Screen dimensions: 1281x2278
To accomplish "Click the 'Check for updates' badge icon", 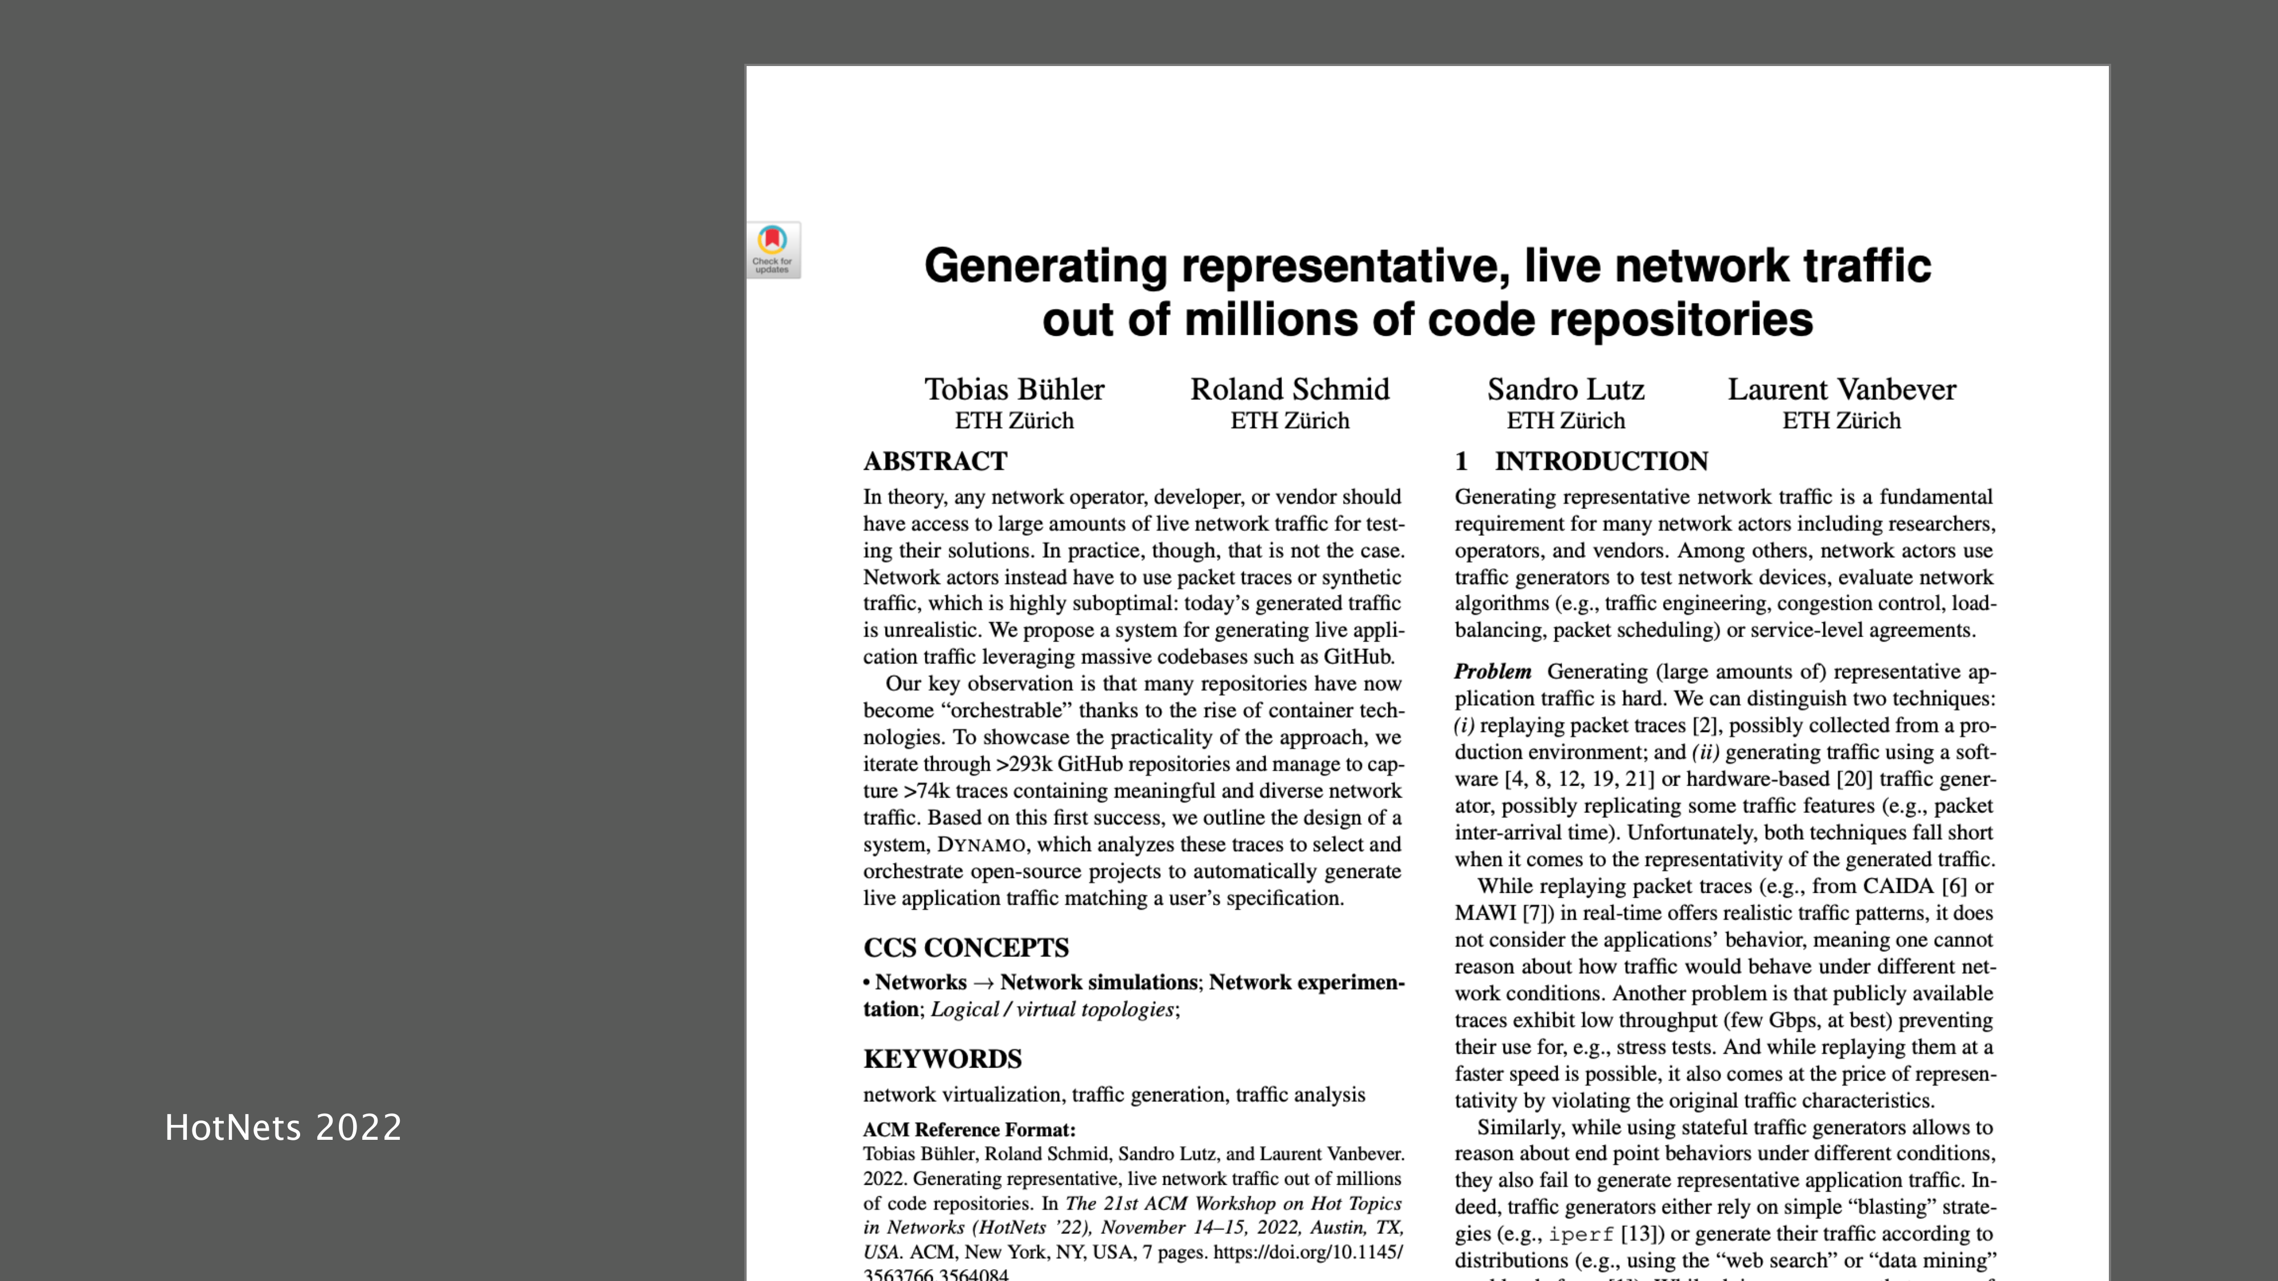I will pyautogui.click(x=773, y=250).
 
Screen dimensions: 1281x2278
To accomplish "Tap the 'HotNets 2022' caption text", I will pyautogui.click(x=283, y=1127).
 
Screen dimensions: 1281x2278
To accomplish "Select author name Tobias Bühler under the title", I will pyautogui.click(x=1014, y=389).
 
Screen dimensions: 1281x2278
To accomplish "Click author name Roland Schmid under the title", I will pyautogui.click(x=1289, y=389).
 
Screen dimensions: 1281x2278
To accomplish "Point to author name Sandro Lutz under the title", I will pyautogui.click(x=1565, y=389).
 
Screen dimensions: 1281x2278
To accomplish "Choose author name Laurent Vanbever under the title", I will pyautogui.click(x=1841, y=389).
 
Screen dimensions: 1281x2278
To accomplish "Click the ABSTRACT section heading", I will pyautogui.click(x=935, y=461).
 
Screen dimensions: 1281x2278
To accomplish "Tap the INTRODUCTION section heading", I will pyautogui.click(x=1601, y=461).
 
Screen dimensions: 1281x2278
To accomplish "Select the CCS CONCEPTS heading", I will pyautogui.click(x=966, y=948).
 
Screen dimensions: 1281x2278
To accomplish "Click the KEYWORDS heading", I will pyautogui.click(x=942, y=1058).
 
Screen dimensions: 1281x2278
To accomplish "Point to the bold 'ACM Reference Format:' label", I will pyautogui.click(x=968, y=1130).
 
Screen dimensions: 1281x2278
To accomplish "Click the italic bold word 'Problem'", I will pyautogui.click(x=1493, y=672).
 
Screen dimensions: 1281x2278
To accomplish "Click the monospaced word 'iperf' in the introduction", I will pyautogui.click(x=1580, y=1234).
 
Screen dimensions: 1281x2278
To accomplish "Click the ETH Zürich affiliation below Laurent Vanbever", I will pyautogui.click(x=1841, y=421).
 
